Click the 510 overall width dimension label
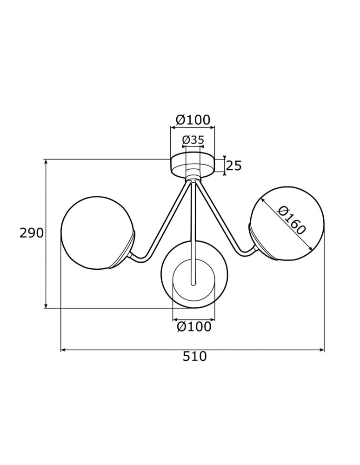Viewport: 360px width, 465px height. [194, 357]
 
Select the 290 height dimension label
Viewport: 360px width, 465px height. [32, 233]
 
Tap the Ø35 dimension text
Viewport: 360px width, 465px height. [193, 140]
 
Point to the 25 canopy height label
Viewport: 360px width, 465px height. [234, 166]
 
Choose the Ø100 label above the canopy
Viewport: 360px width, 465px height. [193, 120]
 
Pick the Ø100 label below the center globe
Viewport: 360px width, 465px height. [194, 327]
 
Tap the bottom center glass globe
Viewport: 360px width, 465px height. [194, 274]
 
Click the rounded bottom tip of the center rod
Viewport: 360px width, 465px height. [193, 283]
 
